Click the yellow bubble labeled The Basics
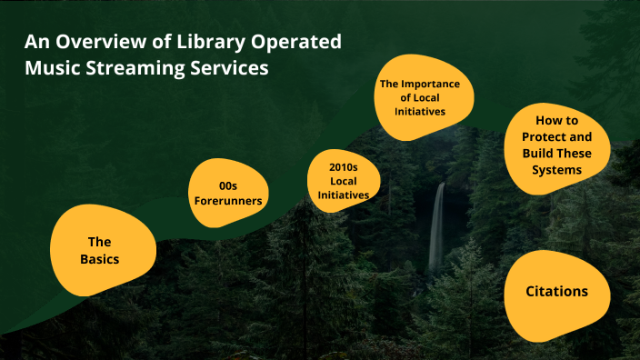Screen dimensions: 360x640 coord(98,250)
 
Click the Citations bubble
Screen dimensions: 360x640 coord(556,292)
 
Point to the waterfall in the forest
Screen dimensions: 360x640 coord(437,227)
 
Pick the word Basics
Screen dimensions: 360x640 coord(98,259)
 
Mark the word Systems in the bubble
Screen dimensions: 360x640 coord(556,169)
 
